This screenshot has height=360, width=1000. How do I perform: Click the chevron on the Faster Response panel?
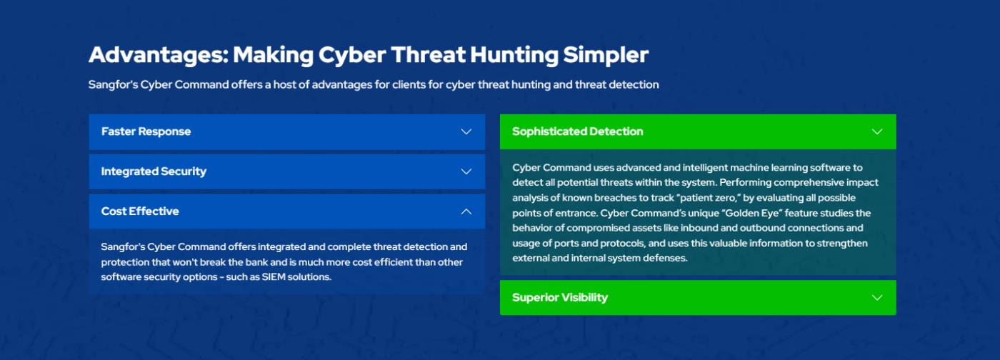pos(466,131)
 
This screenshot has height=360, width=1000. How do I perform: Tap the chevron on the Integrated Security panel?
pos(466,171)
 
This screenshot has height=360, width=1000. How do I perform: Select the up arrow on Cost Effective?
pos(466,211)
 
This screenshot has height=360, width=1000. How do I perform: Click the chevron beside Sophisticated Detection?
pos(877,131)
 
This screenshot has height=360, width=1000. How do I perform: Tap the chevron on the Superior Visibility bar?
pos(877,297)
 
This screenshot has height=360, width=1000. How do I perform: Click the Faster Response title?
pos(146,131)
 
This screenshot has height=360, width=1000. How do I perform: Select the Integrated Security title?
pos(154,171)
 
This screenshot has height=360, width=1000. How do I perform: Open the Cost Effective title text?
pos(140,211)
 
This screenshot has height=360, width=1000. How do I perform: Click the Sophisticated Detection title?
pos(578,131)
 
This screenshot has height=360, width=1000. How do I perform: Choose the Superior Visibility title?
pos(560,297)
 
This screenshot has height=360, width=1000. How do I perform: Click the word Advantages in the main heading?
pos(159,56)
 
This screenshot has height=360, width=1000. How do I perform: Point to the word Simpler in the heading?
pos(606,56)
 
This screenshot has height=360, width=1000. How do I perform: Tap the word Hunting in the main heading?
pos(514,56)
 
